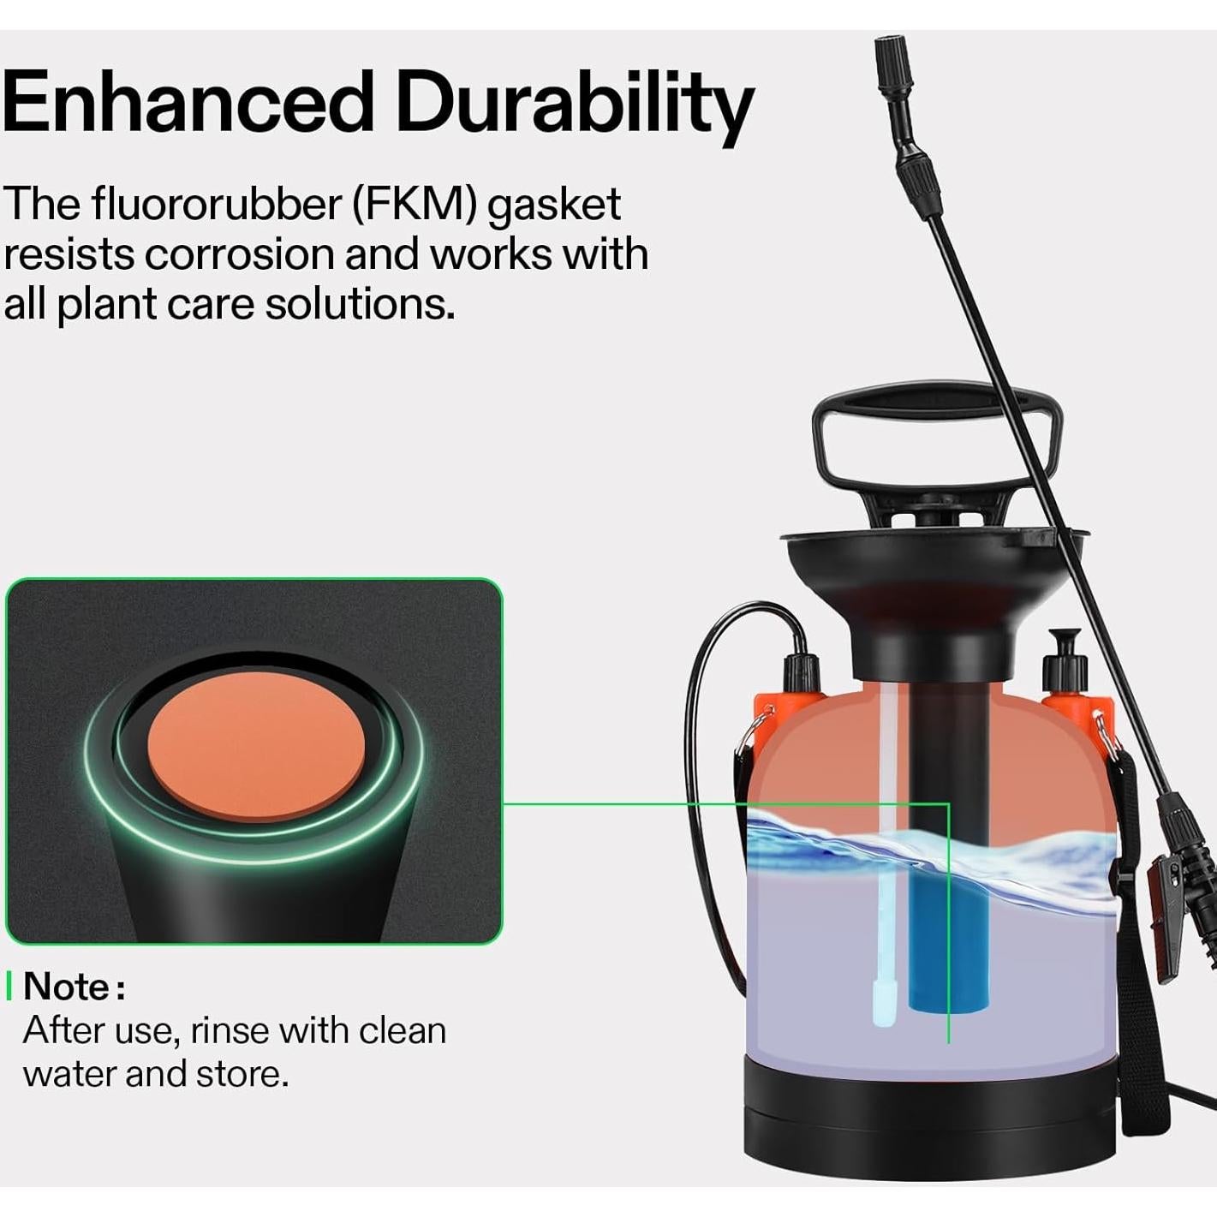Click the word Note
pyautogui.click(x=67, y=987)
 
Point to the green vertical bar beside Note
pyautogui.click(x=9, y=987)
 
